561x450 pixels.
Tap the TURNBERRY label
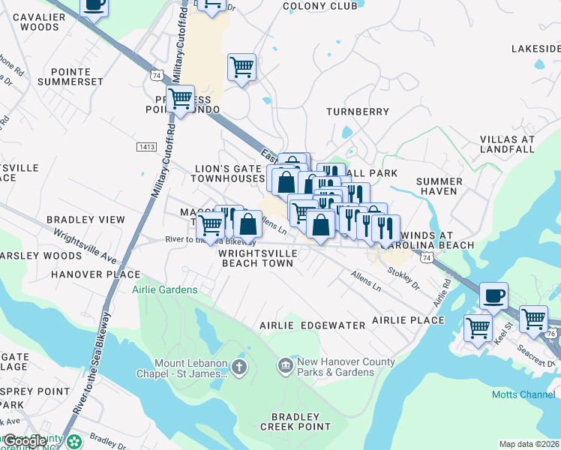pyautogui.click(x=358, y=112)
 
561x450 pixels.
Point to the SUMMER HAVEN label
pyautogui.click(x=439, y=186)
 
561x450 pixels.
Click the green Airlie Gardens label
pyautogui.click(x=165, y=289)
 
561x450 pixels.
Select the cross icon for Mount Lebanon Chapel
pyautogui.click(x=238, y=367)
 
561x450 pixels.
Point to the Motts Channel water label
pyautogui.click(x=523, y=394)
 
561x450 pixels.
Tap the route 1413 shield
pyautogui.click(x=146, y=147)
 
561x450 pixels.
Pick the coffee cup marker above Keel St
pyautogui.click(x=493, y=295)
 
